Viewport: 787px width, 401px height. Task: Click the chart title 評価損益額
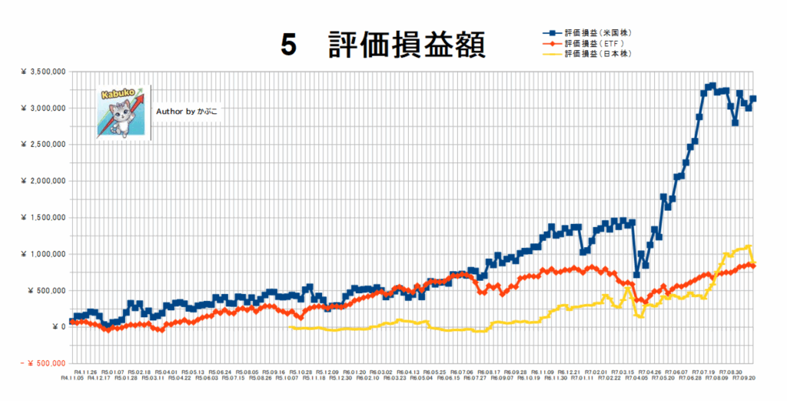coord(407,45)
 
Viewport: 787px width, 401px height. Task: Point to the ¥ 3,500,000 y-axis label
coord(43,72)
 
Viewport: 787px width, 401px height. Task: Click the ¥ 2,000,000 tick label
coord(43,181)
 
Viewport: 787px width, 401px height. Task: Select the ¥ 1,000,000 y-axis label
coord(43,254)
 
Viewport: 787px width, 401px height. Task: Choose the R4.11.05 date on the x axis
coord(73,379)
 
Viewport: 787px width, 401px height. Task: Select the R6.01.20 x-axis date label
coord(355,371)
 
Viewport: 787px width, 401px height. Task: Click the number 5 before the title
coord(287,45)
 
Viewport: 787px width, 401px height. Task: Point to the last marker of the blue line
coord(753,99)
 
